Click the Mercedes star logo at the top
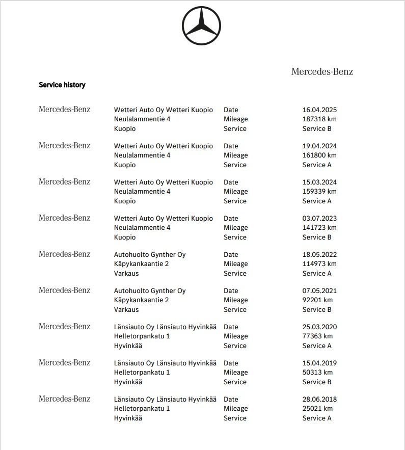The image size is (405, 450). (201, 26)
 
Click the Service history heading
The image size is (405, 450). (62, 85)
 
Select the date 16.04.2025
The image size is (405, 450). (319, 110)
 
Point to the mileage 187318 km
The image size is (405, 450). (319, 119)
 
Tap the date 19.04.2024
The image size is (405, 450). (319, 146)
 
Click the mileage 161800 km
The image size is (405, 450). (319, 155)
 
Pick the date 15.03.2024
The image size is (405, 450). (319, 182)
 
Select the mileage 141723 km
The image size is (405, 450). (319, 228)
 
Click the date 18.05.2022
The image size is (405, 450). (319, 255)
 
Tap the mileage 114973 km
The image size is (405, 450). (319, 264)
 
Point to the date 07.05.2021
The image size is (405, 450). (319, 291)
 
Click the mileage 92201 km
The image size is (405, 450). (317, 300)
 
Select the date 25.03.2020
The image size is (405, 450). (319, 327)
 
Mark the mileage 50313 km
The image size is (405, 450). (317, 373)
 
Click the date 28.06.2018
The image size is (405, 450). (319, 400)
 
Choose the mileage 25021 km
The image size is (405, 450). (317, 409)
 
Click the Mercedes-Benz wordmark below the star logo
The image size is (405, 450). (322, 72)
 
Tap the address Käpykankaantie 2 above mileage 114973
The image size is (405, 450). (142, 264)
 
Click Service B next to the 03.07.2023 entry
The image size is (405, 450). (317, 237)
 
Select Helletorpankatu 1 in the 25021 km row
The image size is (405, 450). (142, 409)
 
